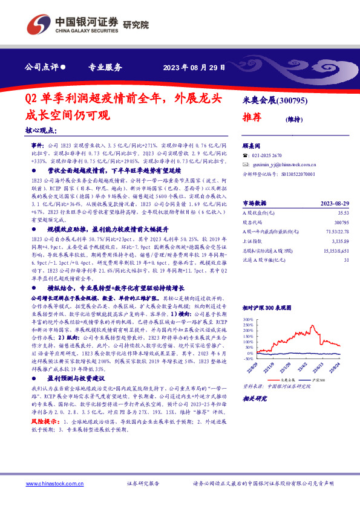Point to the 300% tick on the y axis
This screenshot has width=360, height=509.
coord(248,318)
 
